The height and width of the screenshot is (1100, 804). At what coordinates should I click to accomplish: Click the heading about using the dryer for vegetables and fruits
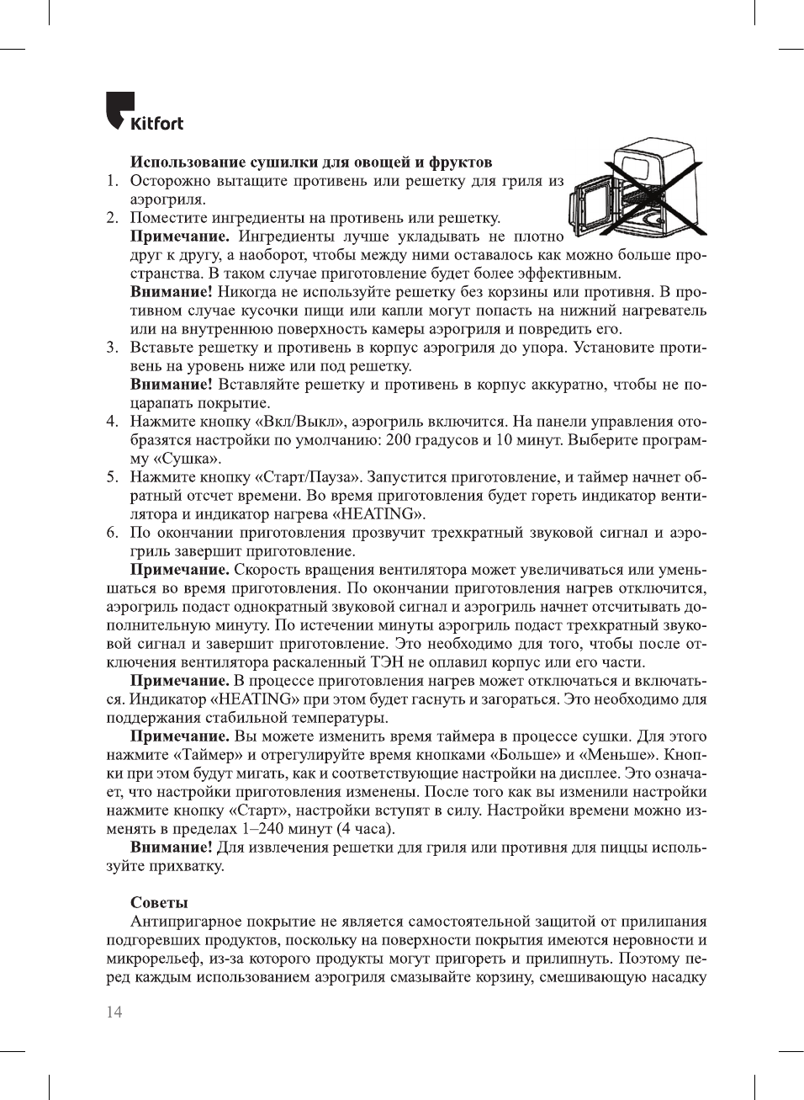(x=310, y=162)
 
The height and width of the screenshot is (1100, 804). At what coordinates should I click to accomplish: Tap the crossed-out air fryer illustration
(x=637, y=191)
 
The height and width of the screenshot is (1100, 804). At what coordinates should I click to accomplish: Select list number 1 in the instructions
(x=111, y=181)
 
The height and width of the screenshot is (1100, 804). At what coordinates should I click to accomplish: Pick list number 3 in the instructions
(x=111, y=348)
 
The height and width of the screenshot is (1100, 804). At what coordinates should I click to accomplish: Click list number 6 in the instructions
(x=111, y=533)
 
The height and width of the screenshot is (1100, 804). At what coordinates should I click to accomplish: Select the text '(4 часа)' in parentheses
(x=365, y=829)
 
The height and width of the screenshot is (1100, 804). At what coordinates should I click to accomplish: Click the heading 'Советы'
(x=159, y=902)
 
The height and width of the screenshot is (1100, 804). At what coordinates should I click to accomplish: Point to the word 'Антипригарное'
(x=186, y=922)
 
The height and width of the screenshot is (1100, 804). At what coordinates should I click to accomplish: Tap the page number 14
(x=114, y=1012)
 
